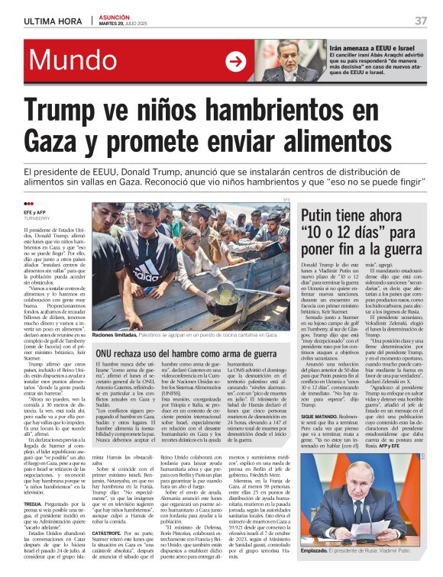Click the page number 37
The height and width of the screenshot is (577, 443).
pyautogui.click(x=421, y=21)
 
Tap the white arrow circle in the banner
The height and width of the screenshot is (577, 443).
pyautogui.click(x=235, y=61)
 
